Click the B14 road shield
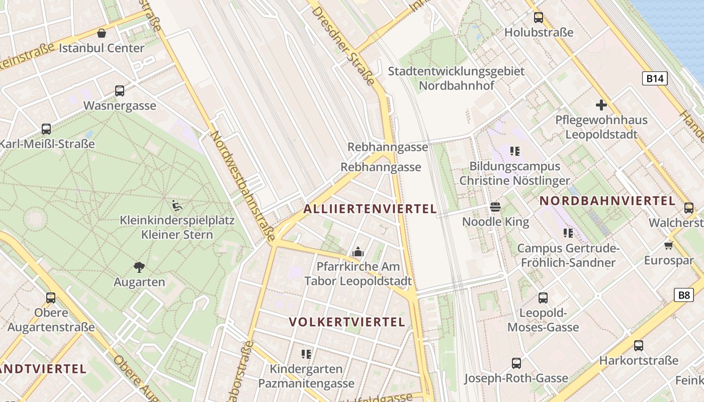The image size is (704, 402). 655,78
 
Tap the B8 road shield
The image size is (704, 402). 684,295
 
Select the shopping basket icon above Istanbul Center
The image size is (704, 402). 102,34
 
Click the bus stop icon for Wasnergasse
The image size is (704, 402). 120,91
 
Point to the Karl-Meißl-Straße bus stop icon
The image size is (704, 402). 46,129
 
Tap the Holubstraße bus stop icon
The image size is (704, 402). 539,18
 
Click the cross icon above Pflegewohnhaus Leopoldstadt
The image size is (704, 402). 601,105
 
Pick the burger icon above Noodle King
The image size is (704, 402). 495,207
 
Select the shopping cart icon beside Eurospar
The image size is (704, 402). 668,245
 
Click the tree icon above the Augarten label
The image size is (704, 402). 139,267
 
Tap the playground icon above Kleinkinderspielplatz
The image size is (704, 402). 177,205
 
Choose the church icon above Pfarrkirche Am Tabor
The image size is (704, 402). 358,251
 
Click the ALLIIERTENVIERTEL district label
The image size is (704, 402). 370,209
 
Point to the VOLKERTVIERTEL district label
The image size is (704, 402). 347,322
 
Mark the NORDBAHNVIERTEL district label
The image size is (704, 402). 607,201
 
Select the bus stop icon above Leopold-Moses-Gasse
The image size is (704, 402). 543,298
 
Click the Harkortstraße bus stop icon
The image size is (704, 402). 638,346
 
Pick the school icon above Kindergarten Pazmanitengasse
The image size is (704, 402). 306,354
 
